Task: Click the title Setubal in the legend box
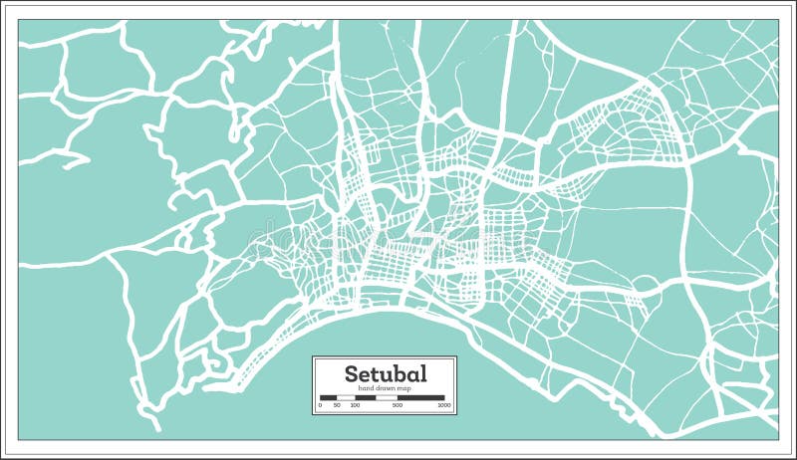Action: [x=386, y=373]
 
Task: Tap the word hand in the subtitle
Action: [x=365, y=388]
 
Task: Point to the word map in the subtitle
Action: [x=404, y=388]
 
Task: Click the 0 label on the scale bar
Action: [x=320, y=405]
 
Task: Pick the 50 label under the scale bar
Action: [x=337, y=405]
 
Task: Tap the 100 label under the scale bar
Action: [x=355, y=405]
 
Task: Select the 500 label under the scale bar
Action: [x=398, y=405]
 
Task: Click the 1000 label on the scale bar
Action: [x=444, y=405]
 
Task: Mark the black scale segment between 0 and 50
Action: [x=329, y=398]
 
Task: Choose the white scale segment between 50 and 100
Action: [x=346, y=398]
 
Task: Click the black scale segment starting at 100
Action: [x=366, y=398]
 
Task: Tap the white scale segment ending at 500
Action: [x=387, y=398]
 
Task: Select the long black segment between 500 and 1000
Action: [x=421, y=398]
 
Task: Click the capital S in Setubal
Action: [x=351, y=373]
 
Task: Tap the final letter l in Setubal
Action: [x=423, y=373]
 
